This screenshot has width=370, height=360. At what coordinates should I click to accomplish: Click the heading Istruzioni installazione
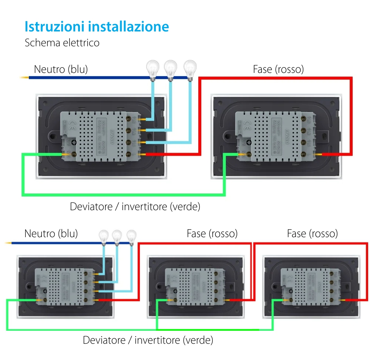coord(97,27)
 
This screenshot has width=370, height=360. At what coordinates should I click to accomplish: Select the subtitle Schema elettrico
coord(62,43)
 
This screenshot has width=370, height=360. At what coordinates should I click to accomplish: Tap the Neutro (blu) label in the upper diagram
coord(61,69)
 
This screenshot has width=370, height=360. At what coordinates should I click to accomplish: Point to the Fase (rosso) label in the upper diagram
coord(278,69)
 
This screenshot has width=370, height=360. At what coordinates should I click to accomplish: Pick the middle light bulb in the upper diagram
coord(171,68)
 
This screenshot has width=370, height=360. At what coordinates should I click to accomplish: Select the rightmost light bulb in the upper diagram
coord(190,68)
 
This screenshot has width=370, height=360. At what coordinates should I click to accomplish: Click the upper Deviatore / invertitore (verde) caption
coord(135,206)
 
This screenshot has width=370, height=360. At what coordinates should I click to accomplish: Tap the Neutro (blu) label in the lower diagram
coord(51,233)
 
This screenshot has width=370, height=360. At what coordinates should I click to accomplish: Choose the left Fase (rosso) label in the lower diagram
coord(212,233)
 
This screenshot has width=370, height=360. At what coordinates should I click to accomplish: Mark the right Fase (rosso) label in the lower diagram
coord(312,233)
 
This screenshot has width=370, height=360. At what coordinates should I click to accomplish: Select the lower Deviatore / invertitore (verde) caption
coord(148,340)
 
